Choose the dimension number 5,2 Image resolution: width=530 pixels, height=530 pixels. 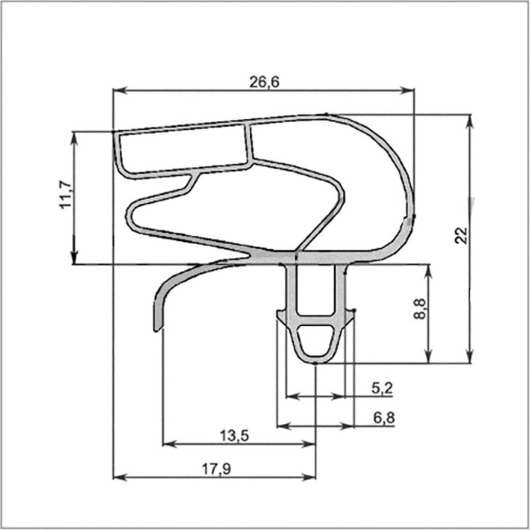[x=382, y=387]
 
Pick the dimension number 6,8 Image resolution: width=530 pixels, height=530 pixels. [x=382, y=418]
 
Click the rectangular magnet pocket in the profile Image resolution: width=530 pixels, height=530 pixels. [x=183, y=150]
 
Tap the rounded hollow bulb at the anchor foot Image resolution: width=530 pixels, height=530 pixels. [x=315, y=340]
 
